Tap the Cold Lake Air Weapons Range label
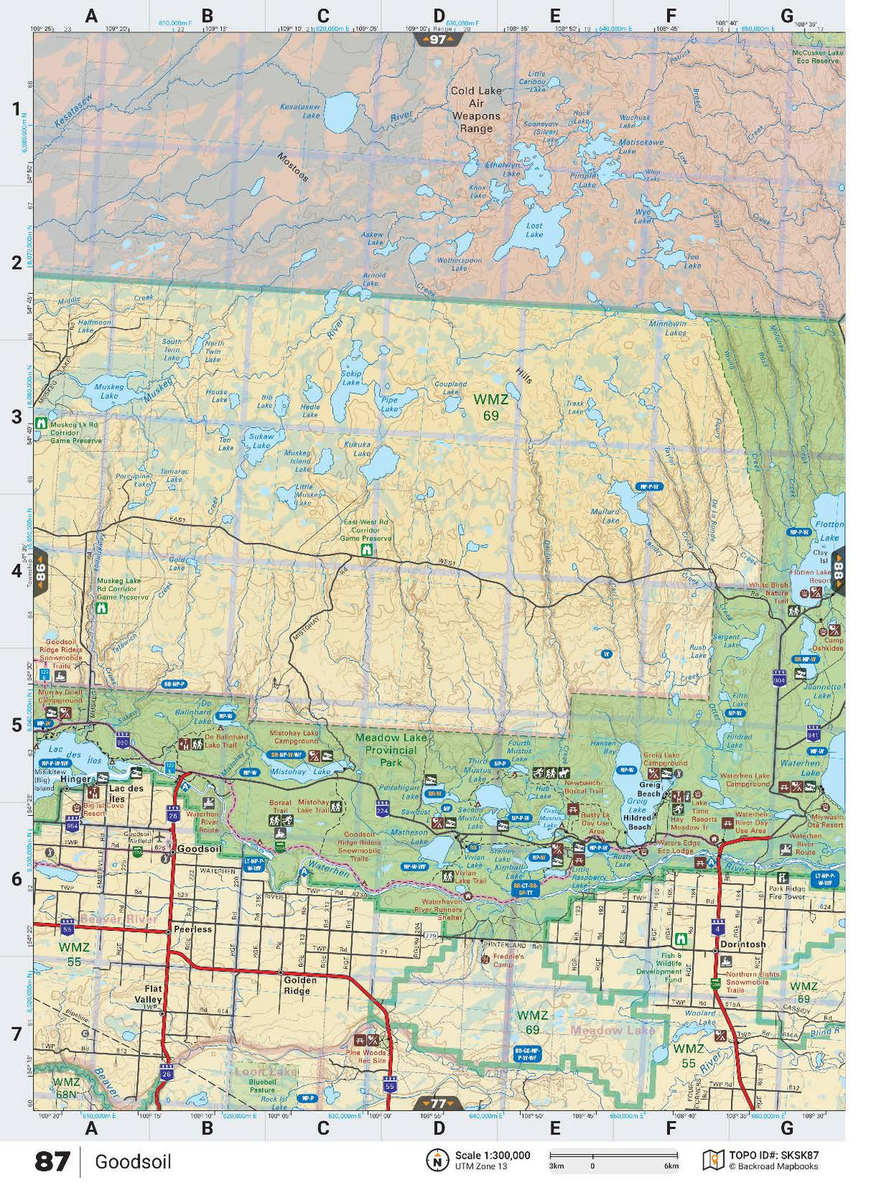click(476, 110)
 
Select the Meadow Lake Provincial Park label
click(391, 750)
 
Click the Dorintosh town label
click(743, 944)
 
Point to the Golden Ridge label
click(300, 985)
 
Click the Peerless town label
click(193, 929)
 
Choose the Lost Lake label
click(535, 230)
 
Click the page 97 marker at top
click(438, 40)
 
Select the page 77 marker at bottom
click(438, 1104)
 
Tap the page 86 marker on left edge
click(41, 570)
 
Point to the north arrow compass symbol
click(437, 1160)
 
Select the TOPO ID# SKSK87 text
click(773, 1155)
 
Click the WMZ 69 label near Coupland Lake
click(491, 408)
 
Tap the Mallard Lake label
click(606, 516)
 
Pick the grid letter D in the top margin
click(439, 16)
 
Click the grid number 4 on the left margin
click(16, 570)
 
